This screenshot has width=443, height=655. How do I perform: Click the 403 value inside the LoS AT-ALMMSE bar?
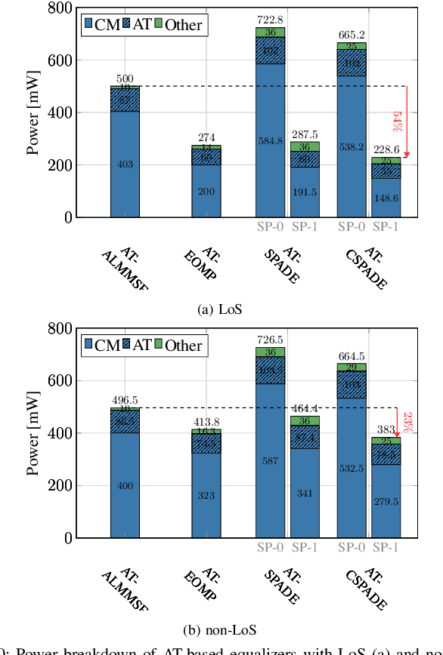click(125, 165)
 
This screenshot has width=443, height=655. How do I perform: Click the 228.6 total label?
click(386, 149)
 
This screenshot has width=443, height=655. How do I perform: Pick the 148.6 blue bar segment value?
click(386, 198)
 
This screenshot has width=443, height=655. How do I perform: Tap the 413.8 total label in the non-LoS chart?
click(206, 422)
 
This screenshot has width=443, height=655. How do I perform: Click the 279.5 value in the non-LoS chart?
click(386, 501)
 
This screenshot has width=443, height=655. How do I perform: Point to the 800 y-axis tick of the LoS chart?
click(61, 9)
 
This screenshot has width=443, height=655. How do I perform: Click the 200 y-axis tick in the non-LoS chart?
click(61, 486)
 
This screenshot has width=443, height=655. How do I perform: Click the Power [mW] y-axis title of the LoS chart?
click(33, 113)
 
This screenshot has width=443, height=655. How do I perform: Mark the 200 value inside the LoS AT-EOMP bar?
click(206, 192)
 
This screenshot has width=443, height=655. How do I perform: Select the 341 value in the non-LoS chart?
click(305, 494)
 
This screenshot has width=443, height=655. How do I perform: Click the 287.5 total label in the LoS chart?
click(305, 134)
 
